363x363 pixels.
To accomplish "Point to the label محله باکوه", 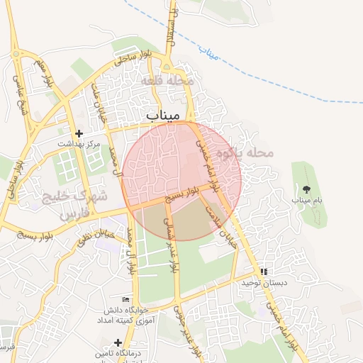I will [x=245, y=152].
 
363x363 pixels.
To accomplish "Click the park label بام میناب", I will [x=307, y=201].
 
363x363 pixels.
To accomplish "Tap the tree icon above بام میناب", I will [x=306, y=189].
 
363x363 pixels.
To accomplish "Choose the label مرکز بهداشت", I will [x=79, y=143].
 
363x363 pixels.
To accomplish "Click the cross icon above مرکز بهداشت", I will [x=79, y=133].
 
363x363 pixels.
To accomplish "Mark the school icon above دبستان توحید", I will [x=264, y=272].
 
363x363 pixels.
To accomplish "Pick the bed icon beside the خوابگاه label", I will [x=126, y=301].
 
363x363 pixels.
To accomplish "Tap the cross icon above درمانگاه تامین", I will [x=118, y=342].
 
